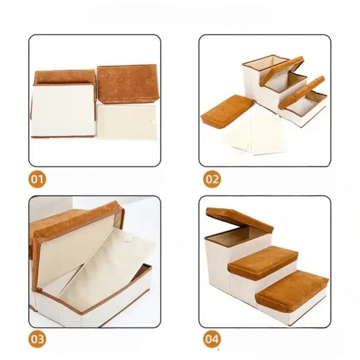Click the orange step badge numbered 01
(37, 179)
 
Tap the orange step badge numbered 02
(212, 179)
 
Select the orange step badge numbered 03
(37, 339)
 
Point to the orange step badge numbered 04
(212, 339)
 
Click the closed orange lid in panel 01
(127, 84)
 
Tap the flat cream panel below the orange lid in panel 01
(127, 122)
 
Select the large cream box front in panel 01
(63, 110)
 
